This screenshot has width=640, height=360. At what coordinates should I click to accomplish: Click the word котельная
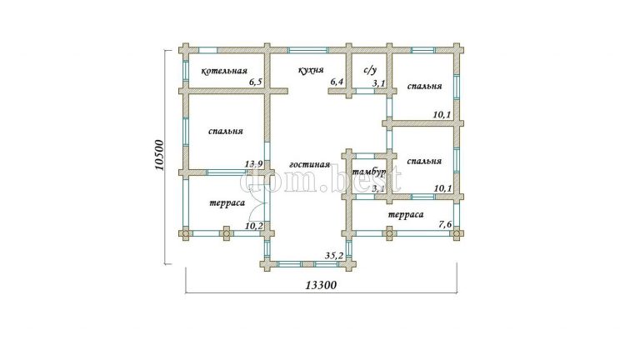224,71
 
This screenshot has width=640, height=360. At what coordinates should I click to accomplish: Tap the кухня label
311,70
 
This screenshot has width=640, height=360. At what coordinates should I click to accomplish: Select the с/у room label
370,70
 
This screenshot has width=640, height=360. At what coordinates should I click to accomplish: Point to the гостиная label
309,164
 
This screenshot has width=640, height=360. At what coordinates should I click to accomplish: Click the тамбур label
369,172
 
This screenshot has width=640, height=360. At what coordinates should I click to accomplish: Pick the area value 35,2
333,256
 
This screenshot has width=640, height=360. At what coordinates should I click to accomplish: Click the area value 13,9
253,164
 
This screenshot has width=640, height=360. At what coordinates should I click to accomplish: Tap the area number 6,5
256,82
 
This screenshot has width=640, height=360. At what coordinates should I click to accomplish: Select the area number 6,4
337,82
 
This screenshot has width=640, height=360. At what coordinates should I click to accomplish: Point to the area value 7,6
445,223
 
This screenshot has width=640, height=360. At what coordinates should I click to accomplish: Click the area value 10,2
254,226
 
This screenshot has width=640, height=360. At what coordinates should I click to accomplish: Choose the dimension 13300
321,285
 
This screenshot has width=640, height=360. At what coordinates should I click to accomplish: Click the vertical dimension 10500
159,155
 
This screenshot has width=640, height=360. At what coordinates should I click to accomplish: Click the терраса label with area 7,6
405,215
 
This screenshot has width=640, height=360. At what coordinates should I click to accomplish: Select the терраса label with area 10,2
227,202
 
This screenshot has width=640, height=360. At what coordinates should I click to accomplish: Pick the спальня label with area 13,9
226,132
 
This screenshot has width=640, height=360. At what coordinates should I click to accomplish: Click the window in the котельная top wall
207,51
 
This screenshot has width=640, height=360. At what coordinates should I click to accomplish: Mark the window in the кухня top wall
308,51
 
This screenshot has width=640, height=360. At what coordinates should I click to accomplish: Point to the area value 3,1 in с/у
379,83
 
